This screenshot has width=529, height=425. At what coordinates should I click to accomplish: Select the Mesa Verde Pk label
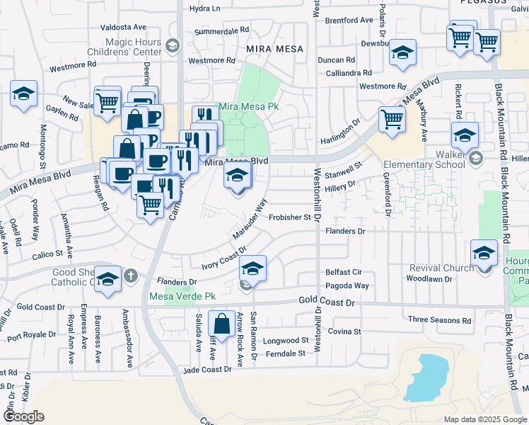[181, 296]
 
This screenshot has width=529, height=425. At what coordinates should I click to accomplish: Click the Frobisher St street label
[290, 217]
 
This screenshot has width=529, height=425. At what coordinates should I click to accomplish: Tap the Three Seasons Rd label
[438, 320]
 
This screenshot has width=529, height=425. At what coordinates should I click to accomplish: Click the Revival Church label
[441, 268]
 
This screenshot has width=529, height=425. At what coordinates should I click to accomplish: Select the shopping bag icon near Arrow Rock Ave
[222, 324]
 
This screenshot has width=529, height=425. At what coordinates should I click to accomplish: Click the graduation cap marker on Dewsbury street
[403, 52]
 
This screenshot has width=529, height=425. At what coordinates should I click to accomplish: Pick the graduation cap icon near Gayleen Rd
[24, 93]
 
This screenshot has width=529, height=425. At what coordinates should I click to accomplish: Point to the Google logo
[23, 416]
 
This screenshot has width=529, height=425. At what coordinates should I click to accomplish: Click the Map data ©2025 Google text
[484, 419]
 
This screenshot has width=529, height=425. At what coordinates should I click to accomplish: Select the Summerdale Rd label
[222, 32]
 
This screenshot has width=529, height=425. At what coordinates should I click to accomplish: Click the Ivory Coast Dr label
[223, 259]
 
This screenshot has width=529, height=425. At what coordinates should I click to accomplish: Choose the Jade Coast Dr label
[208, 369]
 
